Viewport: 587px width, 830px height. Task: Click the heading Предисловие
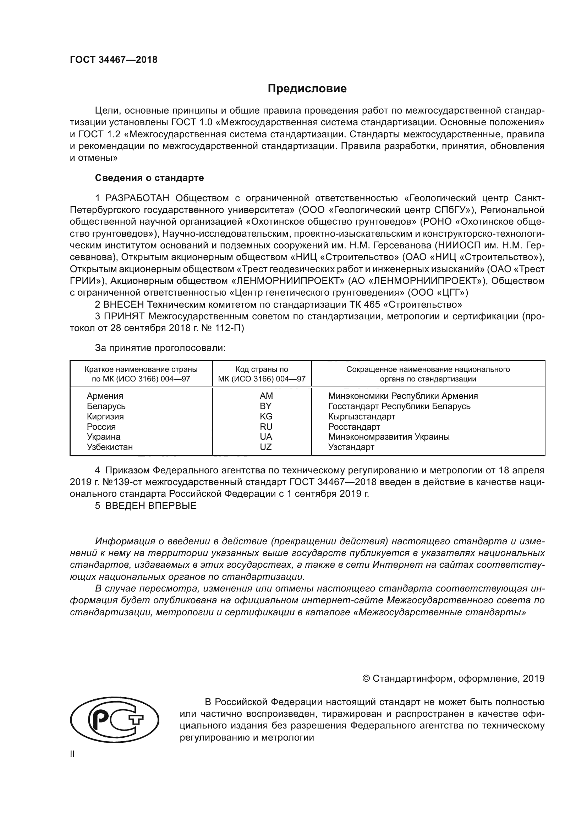click(307, 89)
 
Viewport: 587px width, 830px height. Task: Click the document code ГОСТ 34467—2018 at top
click(114, 60)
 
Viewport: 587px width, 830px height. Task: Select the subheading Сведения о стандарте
click(149, 178)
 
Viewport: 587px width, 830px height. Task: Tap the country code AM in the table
click(266, 396)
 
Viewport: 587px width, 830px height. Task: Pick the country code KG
click(266, 416)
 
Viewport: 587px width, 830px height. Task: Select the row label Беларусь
click(106, 406)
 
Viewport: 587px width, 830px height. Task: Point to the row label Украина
click(103, 437)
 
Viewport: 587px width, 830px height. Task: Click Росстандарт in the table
click(354, 427)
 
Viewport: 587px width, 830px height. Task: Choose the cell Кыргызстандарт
click(361, 417)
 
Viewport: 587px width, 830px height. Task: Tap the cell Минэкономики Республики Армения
click(403, 396)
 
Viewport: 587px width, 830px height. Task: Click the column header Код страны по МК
click(262, 374)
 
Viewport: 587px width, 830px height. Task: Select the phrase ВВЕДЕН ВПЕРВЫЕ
click(151, 506)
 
